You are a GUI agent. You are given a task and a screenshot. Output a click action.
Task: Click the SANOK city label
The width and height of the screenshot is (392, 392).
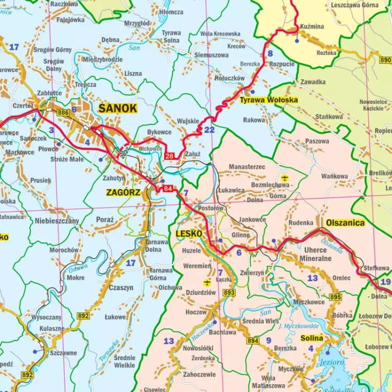(x=118, y=109)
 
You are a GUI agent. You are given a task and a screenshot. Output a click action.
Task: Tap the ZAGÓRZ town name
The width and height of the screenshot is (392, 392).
(x=123, y=192)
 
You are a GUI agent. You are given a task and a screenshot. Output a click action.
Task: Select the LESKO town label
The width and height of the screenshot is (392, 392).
(x=189, y=234)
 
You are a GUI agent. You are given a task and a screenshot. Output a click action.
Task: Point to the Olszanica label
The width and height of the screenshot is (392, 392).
(x=345, y=222)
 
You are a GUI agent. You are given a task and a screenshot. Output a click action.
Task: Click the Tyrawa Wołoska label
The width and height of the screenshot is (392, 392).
(x=269, y=99)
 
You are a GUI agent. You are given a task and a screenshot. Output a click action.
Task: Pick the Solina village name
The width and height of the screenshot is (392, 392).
(x=312, y=338)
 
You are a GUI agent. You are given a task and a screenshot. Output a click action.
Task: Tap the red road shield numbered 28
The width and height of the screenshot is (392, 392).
(x=169, y=156)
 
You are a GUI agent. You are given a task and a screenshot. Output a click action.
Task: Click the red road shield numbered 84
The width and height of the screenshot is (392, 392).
(x=167, y=189)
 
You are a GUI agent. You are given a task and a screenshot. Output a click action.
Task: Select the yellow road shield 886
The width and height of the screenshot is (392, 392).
(x=63, y=112)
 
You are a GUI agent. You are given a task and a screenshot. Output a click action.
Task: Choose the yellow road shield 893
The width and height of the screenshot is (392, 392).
(x=229, y=293)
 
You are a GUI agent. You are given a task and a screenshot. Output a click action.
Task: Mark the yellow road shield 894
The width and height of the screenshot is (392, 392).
(x=253, y=341)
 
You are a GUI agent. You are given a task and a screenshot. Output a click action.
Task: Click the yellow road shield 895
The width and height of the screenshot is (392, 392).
(x=335, y=297)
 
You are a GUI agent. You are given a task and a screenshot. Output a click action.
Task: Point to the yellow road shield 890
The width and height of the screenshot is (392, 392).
(x=386, y=60)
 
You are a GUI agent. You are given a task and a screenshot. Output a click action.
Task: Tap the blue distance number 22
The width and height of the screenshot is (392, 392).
(x=209, y=130)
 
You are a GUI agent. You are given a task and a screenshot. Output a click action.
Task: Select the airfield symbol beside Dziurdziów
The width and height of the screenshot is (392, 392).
(x=207, y=283)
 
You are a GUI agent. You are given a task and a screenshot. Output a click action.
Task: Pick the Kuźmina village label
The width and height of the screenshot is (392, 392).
(x=313, y=26)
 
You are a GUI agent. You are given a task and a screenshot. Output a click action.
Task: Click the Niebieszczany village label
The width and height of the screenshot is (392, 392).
(x=57, y=221)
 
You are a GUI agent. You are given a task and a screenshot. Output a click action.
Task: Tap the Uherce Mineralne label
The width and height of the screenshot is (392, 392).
(x=315, y=255)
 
